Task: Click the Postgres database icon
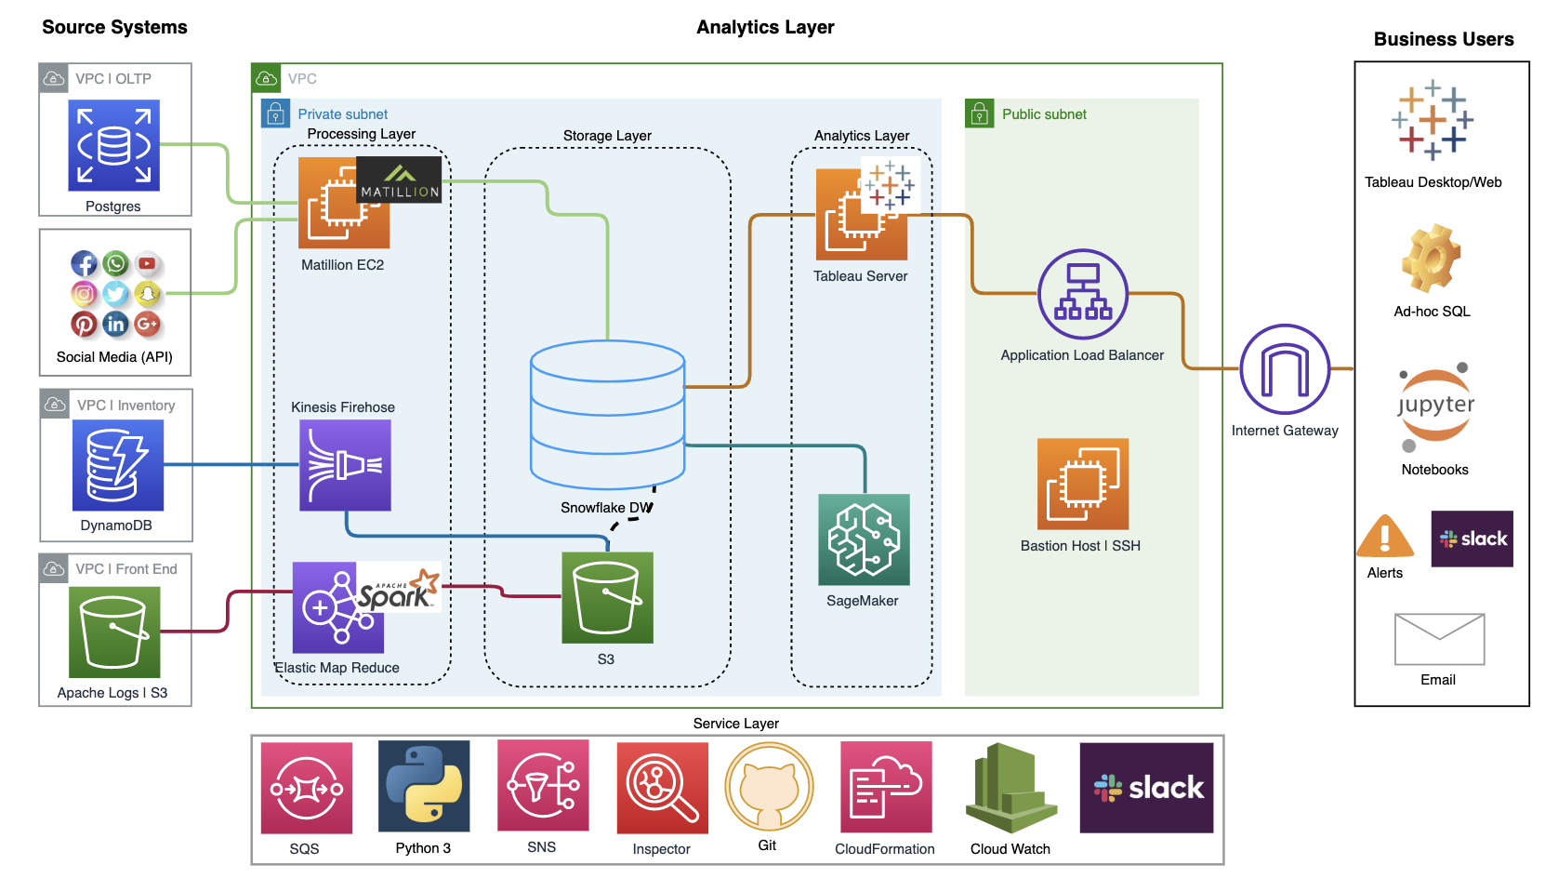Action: (x=113, y=145)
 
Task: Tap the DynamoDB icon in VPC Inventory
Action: (x=117, y=465)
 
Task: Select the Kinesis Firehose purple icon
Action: (x=345, y=465)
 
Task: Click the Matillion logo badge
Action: (x=399, y=180)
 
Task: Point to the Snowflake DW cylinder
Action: (x=607, y=415)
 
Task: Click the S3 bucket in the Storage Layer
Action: (x=607, y=598)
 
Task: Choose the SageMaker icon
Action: (x=864, y=539)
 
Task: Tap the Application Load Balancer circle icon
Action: (x=1082, y=294)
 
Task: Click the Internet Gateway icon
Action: (x=1285, y=369)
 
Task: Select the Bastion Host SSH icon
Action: (x=1082, y=484)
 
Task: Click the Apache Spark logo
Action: (x=399, y=589)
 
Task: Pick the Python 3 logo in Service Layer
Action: (x=424, y=786)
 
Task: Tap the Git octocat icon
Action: (x=769, y=787)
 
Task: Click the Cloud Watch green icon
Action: (x=1010, y=788)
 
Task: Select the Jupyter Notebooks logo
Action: (x=1435, y=406)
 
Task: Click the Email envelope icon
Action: (x=1439, y=639)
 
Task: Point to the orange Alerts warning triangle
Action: (x=1385, y=537)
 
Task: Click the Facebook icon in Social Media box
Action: (x=84, y=263)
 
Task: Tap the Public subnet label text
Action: (x=1044, y=114)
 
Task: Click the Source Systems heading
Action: (x=114, y=27)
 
